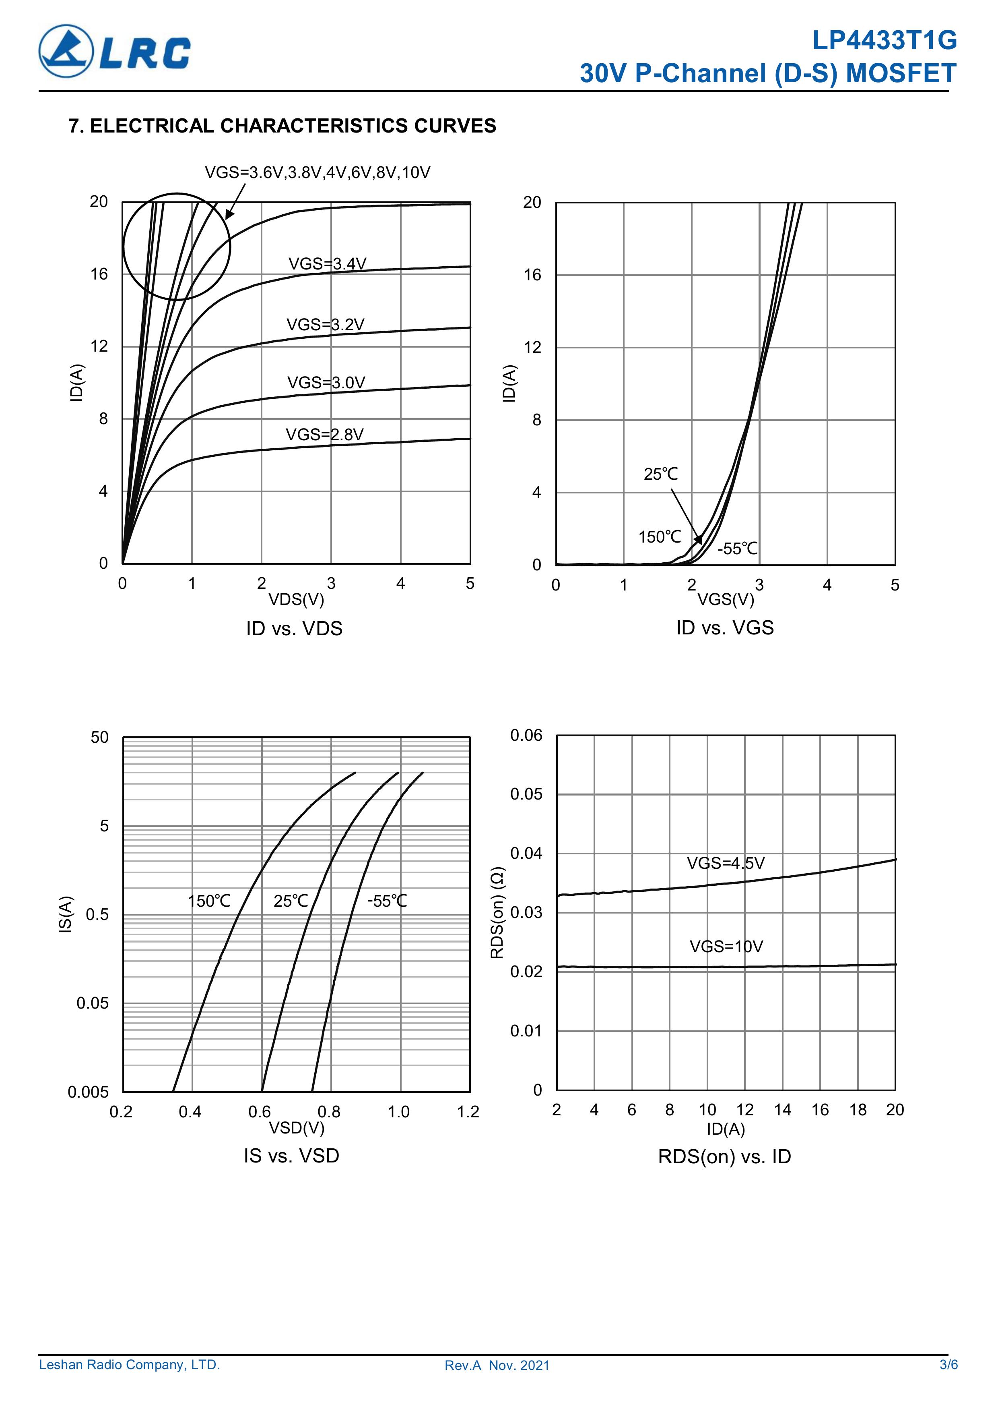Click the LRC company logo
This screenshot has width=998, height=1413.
(x=114, y=51)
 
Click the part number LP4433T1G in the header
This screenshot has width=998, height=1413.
(x=884, y=41)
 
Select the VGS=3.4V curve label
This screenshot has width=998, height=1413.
(x=327, y=264)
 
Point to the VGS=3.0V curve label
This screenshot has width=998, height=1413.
(x=326, y=383)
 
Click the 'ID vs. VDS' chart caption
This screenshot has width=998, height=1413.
(x=294, y=628)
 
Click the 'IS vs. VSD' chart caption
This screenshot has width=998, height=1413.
(x=291, y=1156)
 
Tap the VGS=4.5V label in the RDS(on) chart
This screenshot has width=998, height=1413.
(x=726, y=864)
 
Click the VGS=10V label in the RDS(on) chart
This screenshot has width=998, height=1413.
(x=726, y=947)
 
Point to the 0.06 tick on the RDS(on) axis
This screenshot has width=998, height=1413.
(x=526, y=736)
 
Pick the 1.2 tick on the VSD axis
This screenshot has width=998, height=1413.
(x=468, y=1112)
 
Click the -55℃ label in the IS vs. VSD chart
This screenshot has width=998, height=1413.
(x=387, y=901)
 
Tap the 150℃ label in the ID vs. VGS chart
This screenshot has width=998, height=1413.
(x=659, y=537)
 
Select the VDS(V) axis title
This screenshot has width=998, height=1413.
(x=296, y=599)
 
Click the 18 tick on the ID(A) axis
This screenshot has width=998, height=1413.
(x=858, y=1110)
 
